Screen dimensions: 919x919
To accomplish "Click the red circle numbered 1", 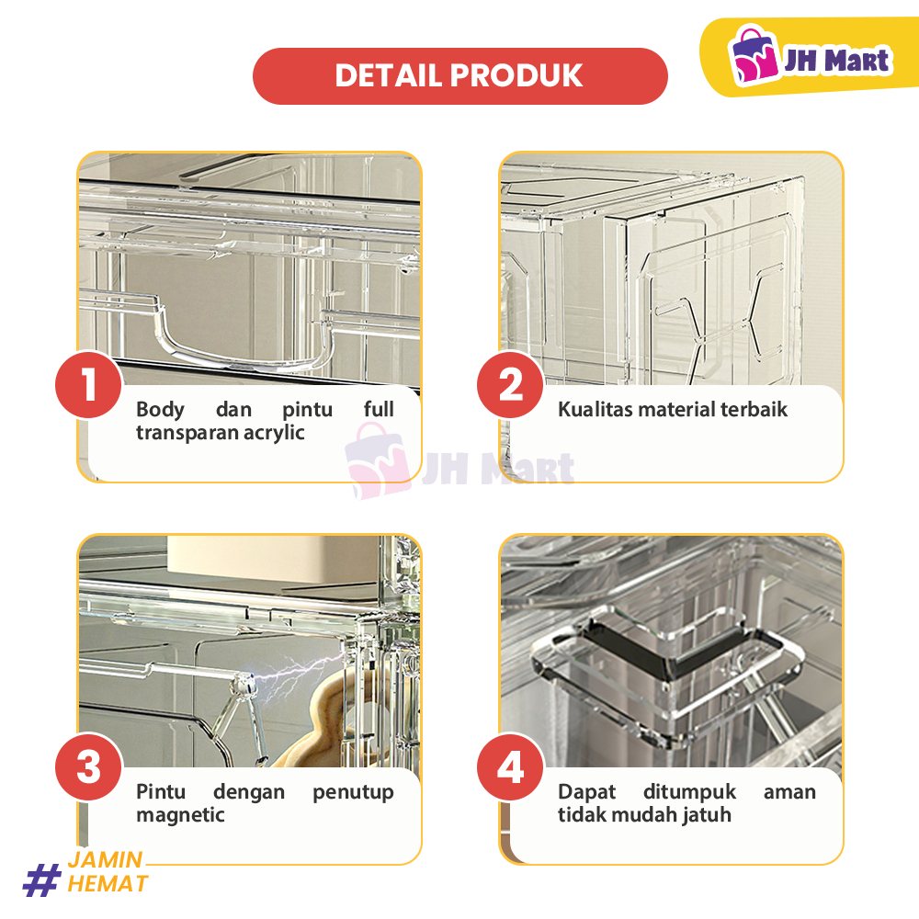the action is click(89, 385).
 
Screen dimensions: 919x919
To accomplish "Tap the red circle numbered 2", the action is click(510, 385).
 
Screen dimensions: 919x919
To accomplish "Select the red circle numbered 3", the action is click(89, 767).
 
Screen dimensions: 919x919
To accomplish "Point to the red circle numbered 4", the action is click(510, 767).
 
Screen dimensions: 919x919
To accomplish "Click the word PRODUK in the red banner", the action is click(516, 75).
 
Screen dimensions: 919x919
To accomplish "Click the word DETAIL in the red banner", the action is click(388, 75).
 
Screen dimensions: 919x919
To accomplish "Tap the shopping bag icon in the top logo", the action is click(754, 54).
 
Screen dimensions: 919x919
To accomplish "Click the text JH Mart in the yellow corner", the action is click(837, 60).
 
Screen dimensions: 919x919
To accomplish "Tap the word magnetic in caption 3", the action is click(180, 815).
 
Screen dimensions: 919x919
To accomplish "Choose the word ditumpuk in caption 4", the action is click(689, 792).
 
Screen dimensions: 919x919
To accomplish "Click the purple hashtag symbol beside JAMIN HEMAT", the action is click(42, 879).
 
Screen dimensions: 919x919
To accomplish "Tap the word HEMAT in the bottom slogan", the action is click(108, 884).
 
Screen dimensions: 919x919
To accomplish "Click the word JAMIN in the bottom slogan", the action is click(106, 860).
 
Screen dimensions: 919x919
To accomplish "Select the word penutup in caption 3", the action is click(353, 792).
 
